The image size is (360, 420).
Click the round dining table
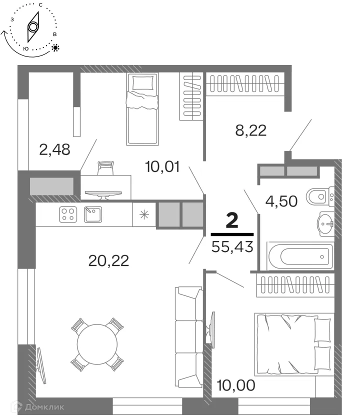pyautogui.click(x=97, y=344)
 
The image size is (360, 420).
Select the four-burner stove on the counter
pyautogui.click(x=67, y=214)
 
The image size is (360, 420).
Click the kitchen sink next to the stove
pyautogui.click(x=92, y=214)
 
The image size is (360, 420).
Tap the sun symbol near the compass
pyautogui.click(x=55, y=48)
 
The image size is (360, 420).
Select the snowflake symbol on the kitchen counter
pyautogui.click(x=144, y=215)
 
